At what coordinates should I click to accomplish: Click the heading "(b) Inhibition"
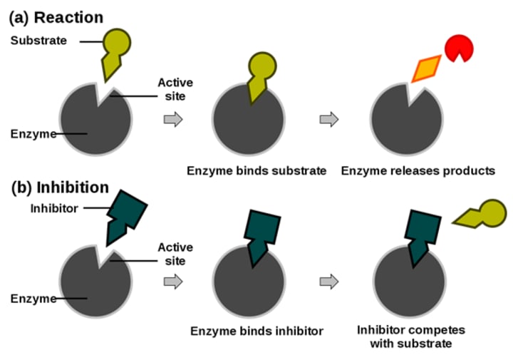[61, 187]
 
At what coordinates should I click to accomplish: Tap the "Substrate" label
[38, 41]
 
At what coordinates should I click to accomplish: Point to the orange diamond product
[425, 69]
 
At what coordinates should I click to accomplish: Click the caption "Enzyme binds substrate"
[256, 170]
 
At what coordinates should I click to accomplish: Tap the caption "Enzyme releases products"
[418, 170]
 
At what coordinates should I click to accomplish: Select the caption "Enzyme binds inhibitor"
[256, 331]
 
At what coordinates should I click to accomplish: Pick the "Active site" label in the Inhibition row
[175, 254]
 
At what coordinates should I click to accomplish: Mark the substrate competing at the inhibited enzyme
[478, 214]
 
